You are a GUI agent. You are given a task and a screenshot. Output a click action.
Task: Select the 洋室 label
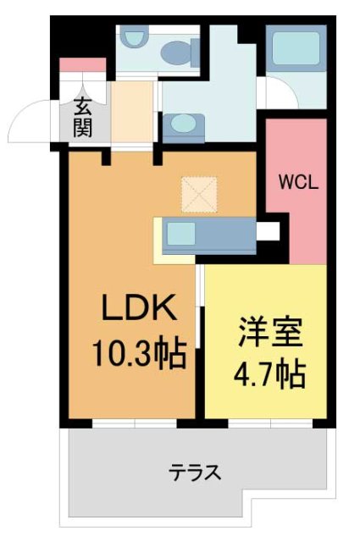point(270,333)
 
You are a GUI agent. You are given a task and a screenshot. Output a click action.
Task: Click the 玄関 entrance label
point(83,119)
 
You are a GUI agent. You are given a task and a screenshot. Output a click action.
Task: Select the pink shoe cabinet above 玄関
point(83,64)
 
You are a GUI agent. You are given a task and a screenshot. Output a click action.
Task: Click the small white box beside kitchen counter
point(269,230)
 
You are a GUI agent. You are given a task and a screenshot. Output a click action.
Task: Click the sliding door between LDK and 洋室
point(200,305)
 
